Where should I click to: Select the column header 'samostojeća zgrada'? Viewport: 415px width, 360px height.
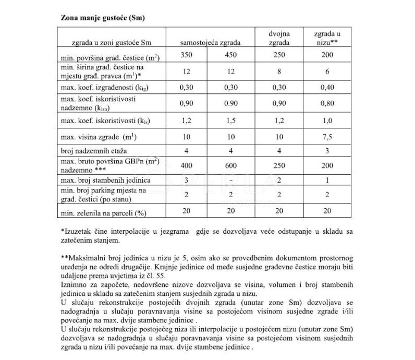(210, 43)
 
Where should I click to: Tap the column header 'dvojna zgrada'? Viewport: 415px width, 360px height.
(279, 38)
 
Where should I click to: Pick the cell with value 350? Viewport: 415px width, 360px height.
(187, 56)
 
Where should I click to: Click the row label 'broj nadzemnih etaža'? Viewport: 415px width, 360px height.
(92, 150)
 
